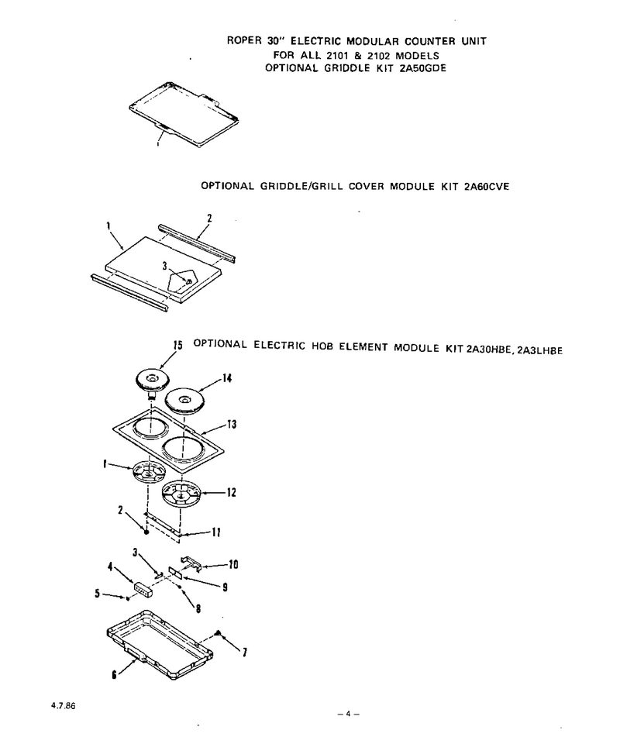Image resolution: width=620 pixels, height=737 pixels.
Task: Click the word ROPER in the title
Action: pos(244,40)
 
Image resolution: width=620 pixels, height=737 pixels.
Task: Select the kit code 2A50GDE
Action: pos(422,68)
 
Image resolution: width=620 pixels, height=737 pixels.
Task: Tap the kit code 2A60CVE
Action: pos(486,187)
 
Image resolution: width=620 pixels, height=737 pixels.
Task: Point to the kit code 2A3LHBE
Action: pos(539,350)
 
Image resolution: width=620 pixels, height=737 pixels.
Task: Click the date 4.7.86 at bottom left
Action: pos(63,706)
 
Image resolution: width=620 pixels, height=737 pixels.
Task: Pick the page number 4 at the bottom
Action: pos(348,714)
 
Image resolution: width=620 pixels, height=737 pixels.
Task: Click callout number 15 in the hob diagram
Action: pos(177,345)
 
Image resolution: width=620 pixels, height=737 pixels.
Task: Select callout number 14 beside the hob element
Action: pos(227,378)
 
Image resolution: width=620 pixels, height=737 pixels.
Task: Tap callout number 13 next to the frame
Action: pos(232,425)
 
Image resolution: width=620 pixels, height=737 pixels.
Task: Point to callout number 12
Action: pos(231,492)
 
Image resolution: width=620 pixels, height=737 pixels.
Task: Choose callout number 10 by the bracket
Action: pos(233,564)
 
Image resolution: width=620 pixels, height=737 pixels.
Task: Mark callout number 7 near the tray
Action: pos(245,652)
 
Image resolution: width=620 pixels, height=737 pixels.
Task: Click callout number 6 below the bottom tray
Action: pos(114,674)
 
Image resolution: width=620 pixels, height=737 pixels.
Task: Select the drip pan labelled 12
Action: pos(181,494)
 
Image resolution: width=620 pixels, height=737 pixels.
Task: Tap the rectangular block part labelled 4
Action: pos(143,589)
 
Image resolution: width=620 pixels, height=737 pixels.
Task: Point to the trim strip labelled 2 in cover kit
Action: pos(197,243)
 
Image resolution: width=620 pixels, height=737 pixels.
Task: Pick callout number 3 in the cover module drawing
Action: pos(164,266)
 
